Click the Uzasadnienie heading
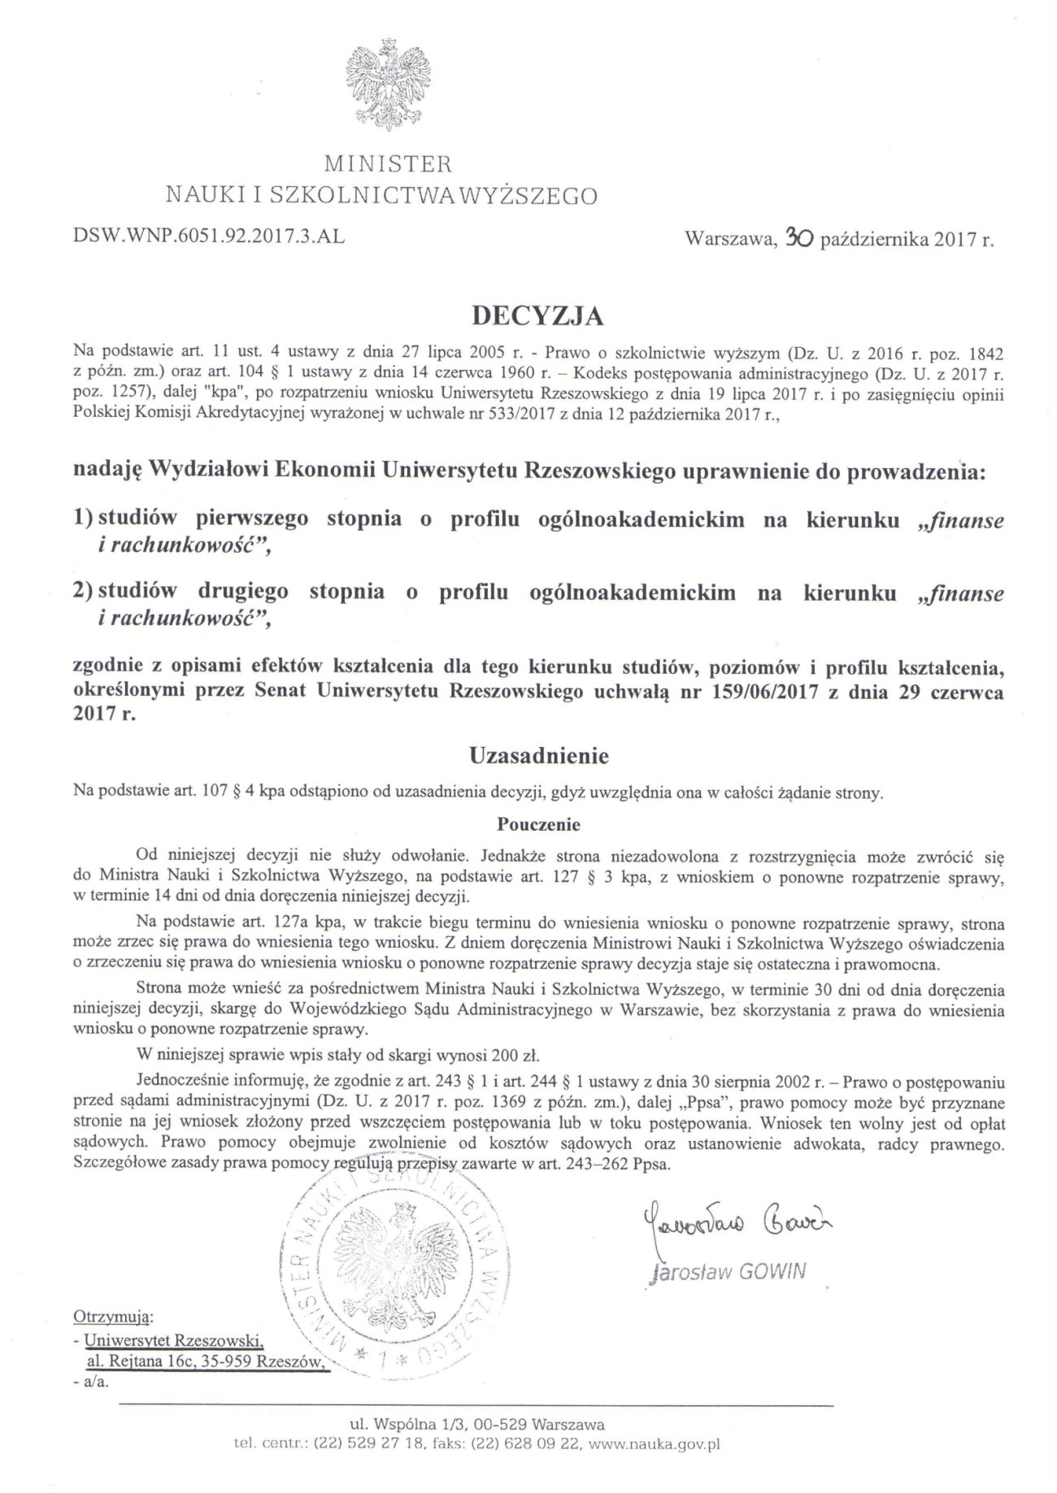(x=539, y=757)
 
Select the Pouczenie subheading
(x=539, y=824)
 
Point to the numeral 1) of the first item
(x=83, y=520)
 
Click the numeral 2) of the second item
(x=83, y=592)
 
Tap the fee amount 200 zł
(x=514, y=1057)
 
